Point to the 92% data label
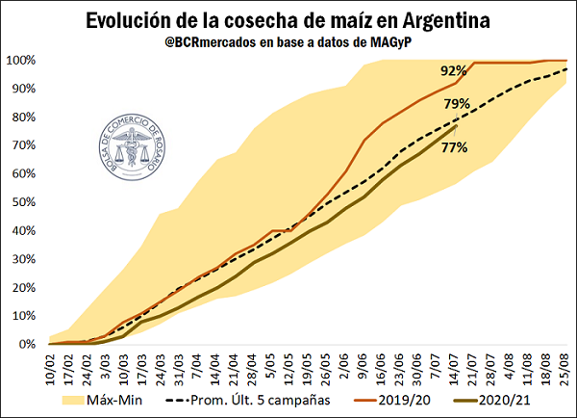(454, 70)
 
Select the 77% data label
(455, 148)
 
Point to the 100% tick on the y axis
(21, 60)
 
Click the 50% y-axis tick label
(24, 202)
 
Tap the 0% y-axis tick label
(27, 344)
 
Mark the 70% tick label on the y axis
(24, 145)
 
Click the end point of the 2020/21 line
(456, 126)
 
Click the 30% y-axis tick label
(24, 259)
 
